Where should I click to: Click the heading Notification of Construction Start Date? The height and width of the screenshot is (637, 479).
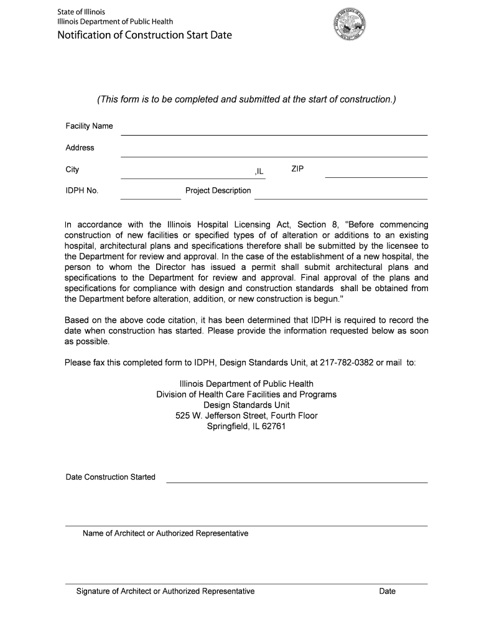tap(144, 35)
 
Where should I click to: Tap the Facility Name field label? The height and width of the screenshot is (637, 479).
tap(90, 126)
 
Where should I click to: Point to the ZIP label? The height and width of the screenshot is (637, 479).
tap(297, 169)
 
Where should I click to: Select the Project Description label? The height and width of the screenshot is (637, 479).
tap(218, 190)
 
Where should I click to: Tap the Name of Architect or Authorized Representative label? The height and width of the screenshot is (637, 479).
tap(165, 534)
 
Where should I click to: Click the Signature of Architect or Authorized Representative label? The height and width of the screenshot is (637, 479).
tap(165, 591)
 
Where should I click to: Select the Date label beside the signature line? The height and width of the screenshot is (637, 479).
tap(387, 591)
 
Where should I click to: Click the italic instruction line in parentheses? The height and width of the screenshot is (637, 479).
tap(246, 100)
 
